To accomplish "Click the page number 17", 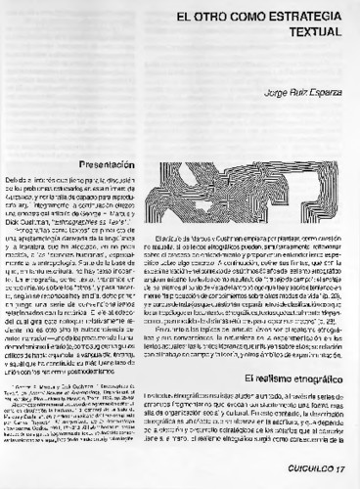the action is (x=340, y=471).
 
